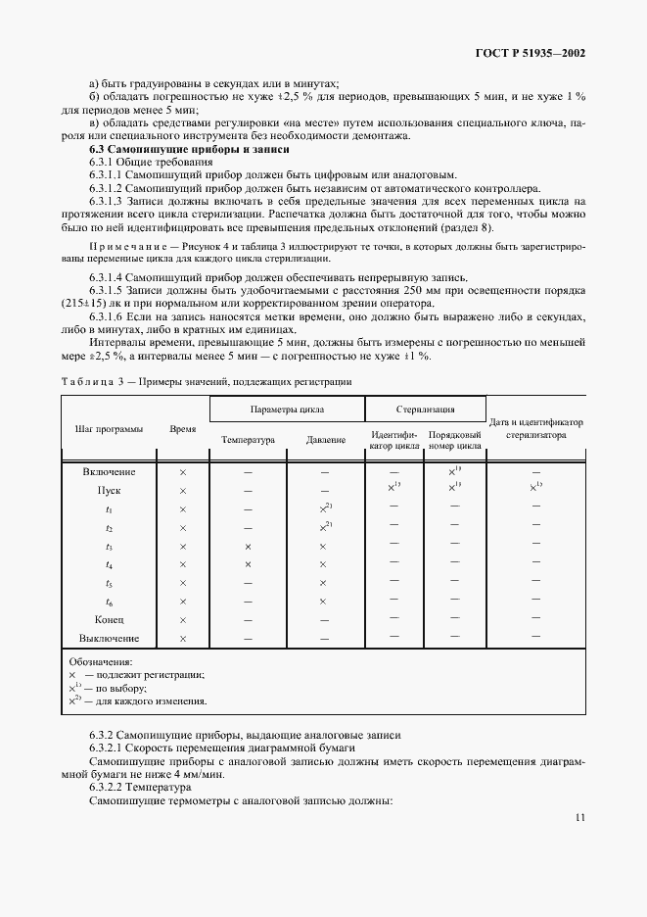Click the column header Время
tap(183, 429)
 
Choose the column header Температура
tap(248, 440)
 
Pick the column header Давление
tap(325, 440)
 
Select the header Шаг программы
tap(109, 429)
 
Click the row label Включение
tap(109, 471)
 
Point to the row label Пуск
tap(109, 490)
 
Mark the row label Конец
tap(109, 620)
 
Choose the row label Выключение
tap(109, 639)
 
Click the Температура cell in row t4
tap(248, 564)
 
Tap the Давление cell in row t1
tap(325, 508)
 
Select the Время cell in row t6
tap(183, 602)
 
